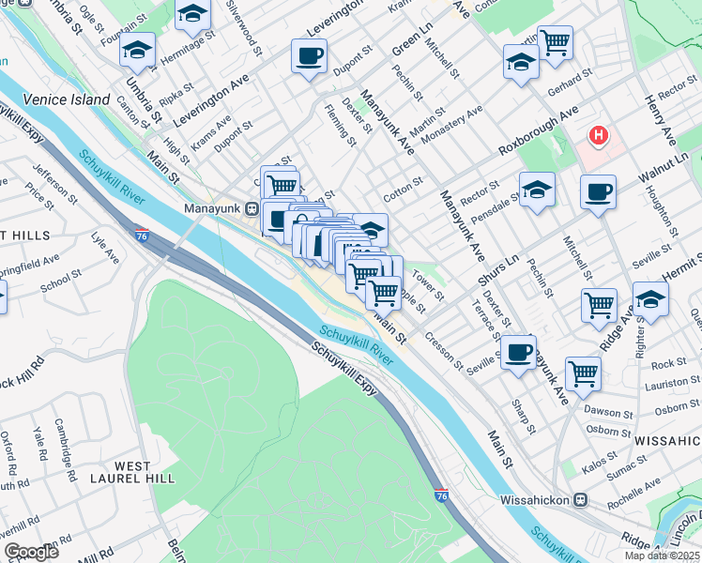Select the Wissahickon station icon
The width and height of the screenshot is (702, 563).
[x=581, y=499]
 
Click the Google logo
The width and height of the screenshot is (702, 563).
[x=31, y=552]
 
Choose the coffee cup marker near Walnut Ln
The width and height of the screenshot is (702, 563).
[x=598, y=193]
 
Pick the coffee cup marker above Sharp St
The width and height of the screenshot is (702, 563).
[x=517, y=352]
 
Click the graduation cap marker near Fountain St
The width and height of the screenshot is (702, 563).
[x=137, y=51]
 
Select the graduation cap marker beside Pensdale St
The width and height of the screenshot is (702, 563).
[x=537, y=190]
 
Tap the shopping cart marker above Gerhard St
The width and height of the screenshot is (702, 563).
[x=555, y=42]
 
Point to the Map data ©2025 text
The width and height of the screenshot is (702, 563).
[x=663, y=555]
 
